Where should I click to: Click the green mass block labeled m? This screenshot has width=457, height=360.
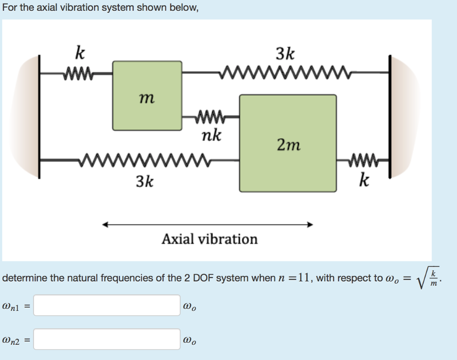click(147, 96)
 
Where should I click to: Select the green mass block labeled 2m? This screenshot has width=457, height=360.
click(288, 143)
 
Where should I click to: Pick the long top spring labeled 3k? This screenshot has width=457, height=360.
click(286, 71)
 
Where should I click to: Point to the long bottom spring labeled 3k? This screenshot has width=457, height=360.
click(143, 159)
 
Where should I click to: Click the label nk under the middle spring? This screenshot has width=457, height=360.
click(211, 134)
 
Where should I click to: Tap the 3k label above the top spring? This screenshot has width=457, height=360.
click(285, 54)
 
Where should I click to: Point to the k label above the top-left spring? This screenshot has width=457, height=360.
click(79, 53)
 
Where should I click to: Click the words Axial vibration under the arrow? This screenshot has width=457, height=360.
click(209, 239)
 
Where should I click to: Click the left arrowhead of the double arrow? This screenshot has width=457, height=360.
click(105, 225)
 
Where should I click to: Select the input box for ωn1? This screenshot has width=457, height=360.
click(107, 306)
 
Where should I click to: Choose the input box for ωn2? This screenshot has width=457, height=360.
click(107, 339)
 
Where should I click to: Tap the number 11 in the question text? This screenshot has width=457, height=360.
click(304, 278)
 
